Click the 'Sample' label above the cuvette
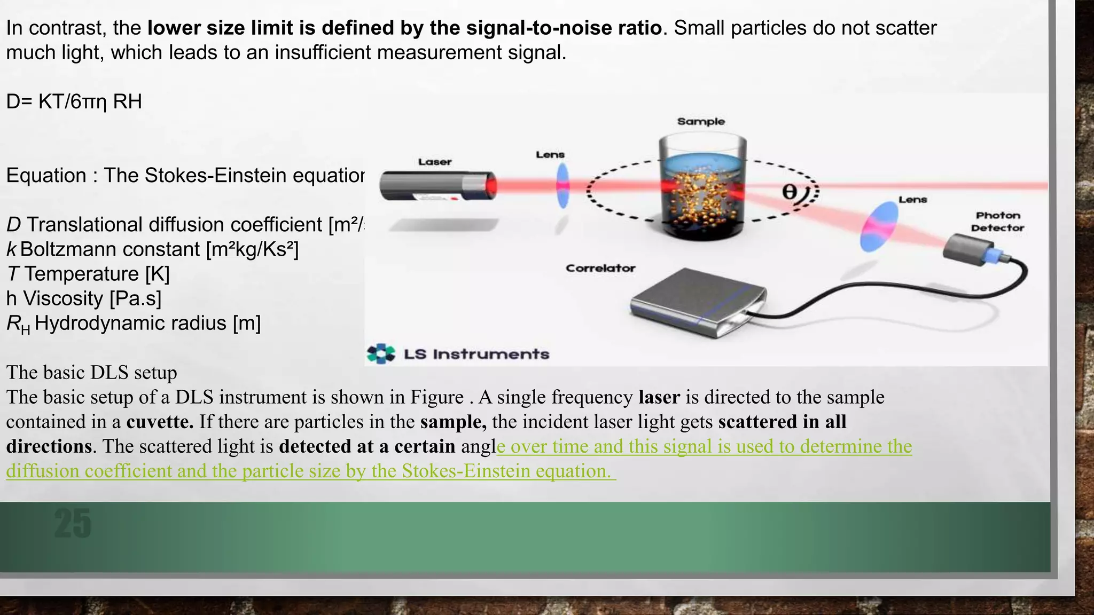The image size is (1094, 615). click(x=701, y=122)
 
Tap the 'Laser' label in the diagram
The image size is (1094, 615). click(x=435, y=162)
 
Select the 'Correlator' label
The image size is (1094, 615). click(x=600, y=268)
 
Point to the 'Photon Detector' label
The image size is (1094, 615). click(x=997, y=222)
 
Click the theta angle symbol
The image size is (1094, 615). click(x=790, y=192)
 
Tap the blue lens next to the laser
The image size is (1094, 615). click(x=562, y=186)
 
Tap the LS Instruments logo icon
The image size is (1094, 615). click(x=381, y=354)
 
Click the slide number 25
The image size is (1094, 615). click(x=73, y=523)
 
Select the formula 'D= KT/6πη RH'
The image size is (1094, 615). click(x=74, y=101)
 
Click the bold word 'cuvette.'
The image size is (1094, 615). click(x=160, y=422)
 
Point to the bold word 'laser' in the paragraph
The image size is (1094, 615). click(x=659, y=397)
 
